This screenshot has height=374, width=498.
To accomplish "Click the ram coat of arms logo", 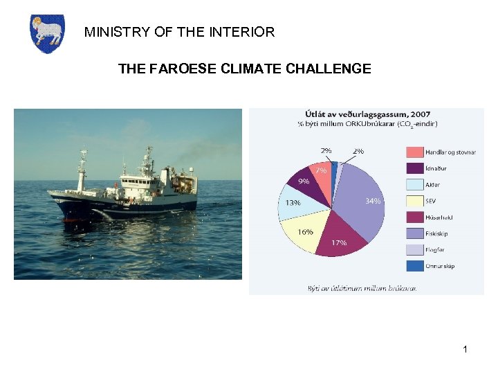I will [x=48, y=34].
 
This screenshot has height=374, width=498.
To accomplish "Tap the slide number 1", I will [x=465, y=349].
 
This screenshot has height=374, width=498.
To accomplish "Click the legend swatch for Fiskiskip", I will [x=414, y=233].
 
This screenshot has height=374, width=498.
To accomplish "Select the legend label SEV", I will [x=431, y=200].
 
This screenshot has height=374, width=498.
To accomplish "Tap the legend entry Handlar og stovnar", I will [x=450, y=152].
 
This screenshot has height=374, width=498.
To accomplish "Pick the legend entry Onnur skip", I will [x=440, y=265].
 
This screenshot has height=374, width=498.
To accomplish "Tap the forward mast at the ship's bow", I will [x=82, y=170].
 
